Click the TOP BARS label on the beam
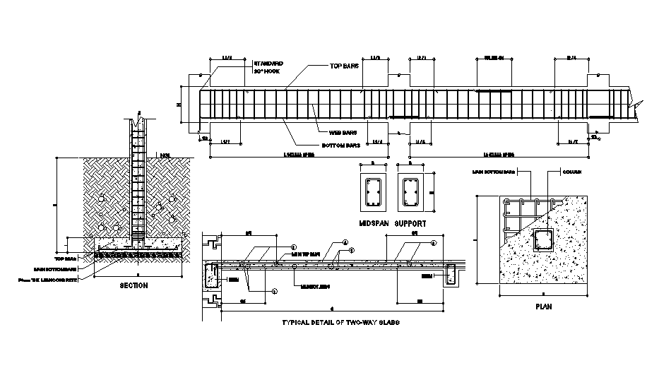[345, 66]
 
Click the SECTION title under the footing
[133, 285]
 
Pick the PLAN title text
[543, 307]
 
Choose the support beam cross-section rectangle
[411, 192]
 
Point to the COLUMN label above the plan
[574, 172]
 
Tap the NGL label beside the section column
[165, 155]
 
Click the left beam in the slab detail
[211, 275]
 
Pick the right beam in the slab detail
[451, 275]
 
